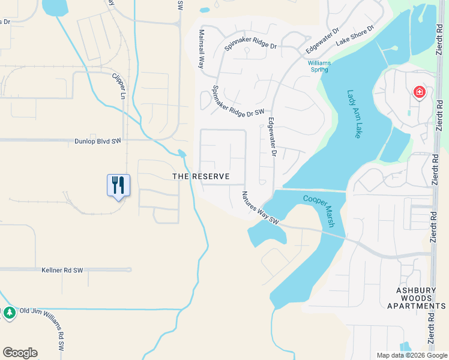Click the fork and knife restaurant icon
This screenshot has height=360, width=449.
(x=118, y=185)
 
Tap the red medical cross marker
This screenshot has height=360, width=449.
(x=419, y=92)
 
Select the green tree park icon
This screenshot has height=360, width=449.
(x=9, y=313)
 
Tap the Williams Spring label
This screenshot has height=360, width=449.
(x=318, y=66)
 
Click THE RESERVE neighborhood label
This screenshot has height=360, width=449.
(x=201, y=176)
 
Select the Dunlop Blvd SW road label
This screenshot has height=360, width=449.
(x=90, y=140)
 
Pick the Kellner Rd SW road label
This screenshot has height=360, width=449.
(x=62, y=271)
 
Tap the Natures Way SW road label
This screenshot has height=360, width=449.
(x=261, y=208)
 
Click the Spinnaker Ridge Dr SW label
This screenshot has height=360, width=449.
(x=238, y=100)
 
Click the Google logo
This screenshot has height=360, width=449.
(x=20, y=353)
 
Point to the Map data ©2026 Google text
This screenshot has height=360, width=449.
(x=411, y=355)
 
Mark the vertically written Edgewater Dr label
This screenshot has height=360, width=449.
(x=271, y=137)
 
